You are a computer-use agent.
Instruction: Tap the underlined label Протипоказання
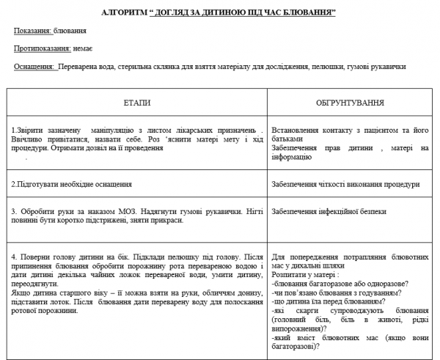point(41,48)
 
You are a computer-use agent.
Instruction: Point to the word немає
point(83,48)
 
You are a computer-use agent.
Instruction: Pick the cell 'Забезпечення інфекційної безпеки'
point(330,211)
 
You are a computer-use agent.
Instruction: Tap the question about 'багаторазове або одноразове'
point(340,283)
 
